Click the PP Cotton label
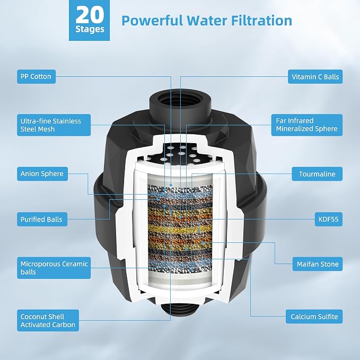click(36, 77)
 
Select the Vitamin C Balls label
click(315, 77)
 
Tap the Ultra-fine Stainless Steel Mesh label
click(54, 125)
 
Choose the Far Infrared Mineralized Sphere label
click(307, 125)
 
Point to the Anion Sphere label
click(42, 174)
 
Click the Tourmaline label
click(317, 174)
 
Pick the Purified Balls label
click(42, 219)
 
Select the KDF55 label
click(329, 219)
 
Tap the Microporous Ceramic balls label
click(54, 268)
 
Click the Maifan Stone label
click(318, 264)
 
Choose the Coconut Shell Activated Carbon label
click(48, 321)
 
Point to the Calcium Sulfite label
click(314, 317)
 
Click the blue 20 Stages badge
click(89, 20)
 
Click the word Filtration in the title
click(261, 21)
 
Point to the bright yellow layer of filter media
click(180, 229)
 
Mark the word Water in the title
click(207, 21)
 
